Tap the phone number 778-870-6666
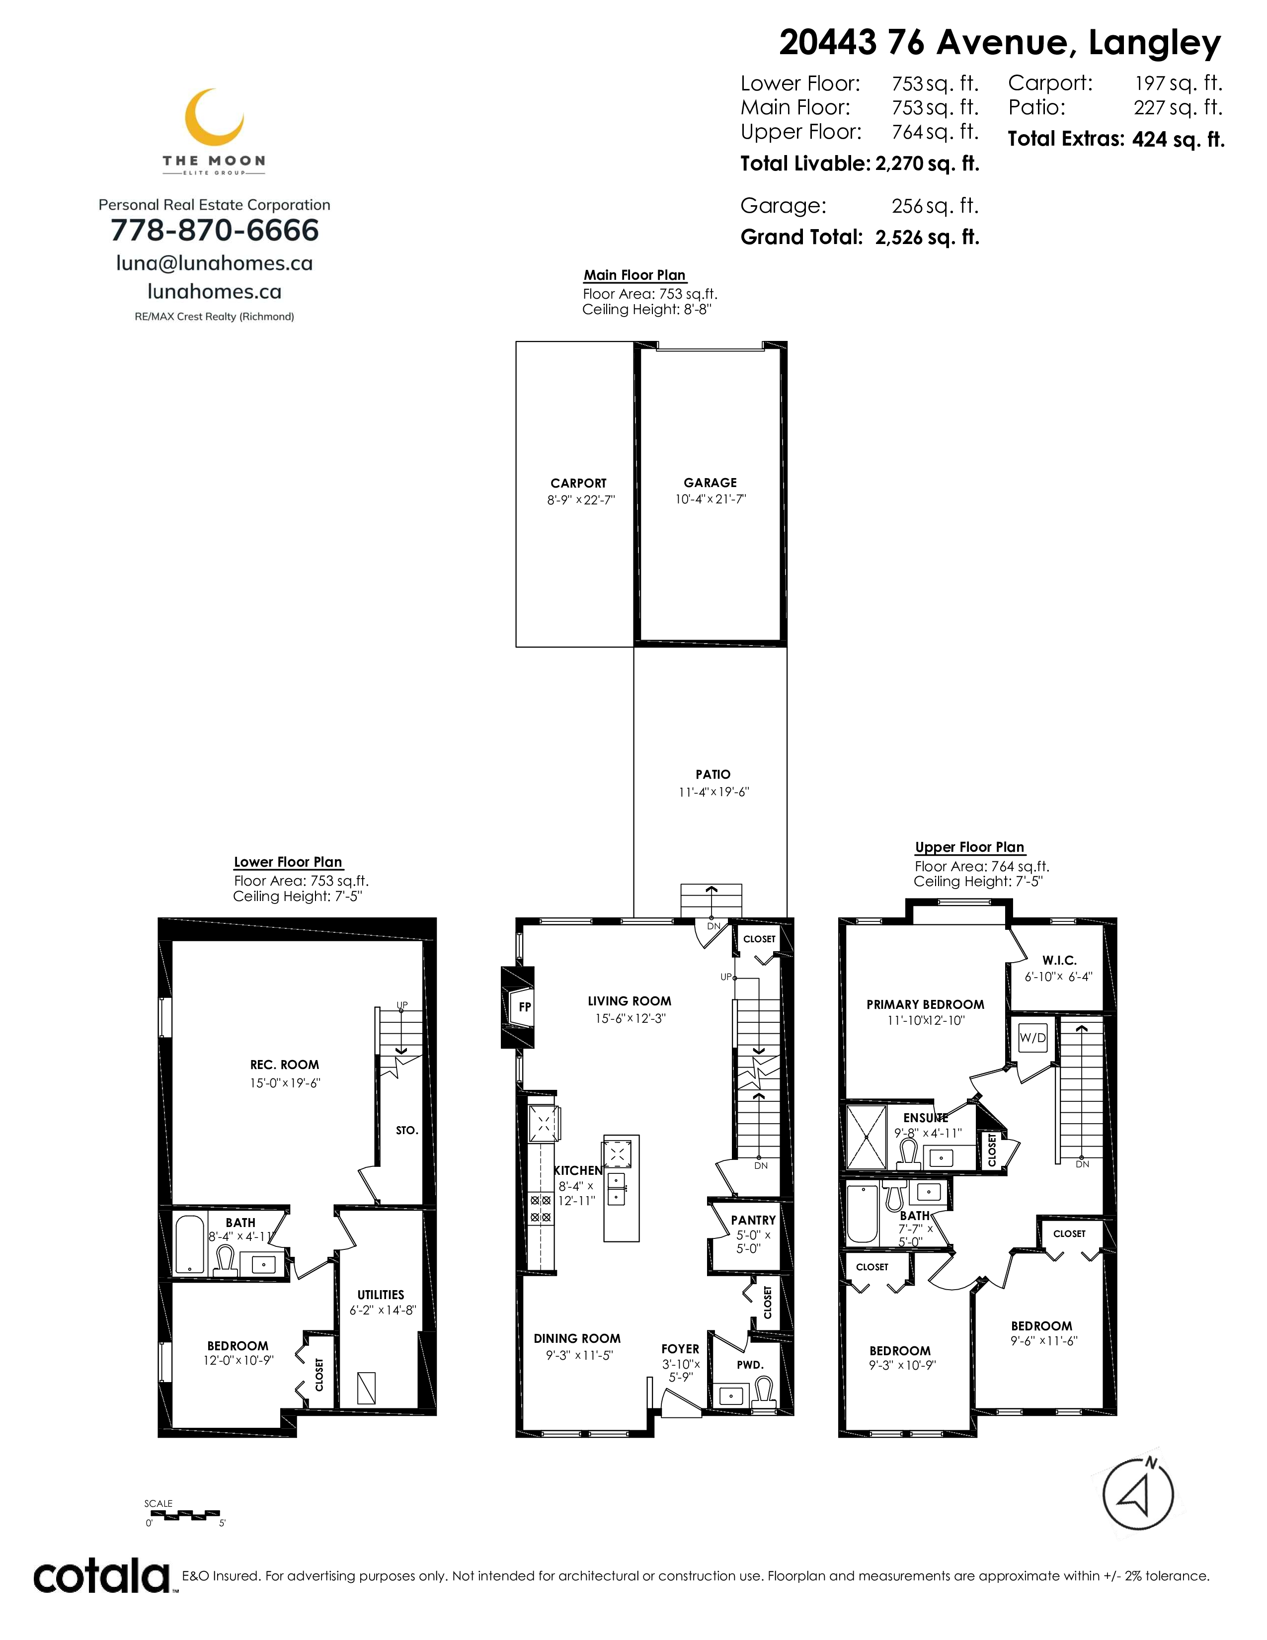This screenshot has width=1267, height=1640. [x=215, y=231]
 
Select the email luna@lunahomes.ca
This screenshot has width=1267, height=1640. [x=215, y=263]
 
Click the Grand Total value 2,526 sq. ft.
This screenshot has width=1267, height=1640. [x=928, y=237]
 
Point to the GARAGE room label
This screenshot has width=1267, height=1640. [x=710, y=483]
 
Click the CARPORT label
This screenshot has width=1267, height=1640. [x=578, y=484]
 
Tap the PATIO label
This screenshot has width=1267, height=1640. [x=713, y=774]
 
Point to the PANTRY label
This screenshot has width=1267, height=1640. [x=753, y=1220]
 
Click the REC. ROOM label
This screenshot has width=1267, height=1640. [x=285, y=1065]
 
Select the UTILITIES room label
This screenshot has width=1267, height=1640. [x=381, y=1295]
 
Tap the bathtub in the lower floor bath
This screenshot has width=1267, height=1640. [x=190, y=1244]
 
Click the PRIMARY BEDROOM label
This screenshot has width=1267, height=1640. [x=925, y=1005]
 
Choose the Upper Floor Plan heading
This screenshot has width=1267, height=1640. [x=969, y=847]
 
